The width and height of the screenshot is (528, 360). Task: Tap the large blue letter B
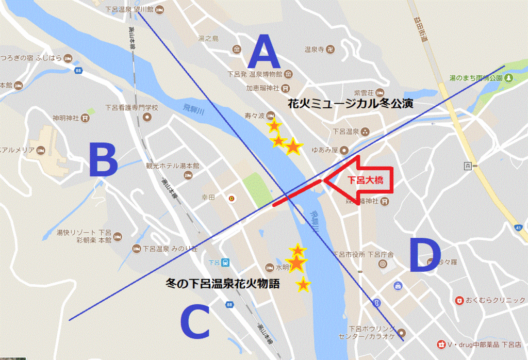[x=103, y=160]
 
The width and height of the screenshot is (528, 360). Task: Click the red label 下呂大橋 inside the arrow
[x=365, y=181]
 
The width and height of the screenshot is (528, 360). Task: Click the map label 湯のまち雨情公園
[x=475, y=78]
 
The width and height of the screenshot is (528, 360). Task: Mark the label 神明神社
[x=65, y=118]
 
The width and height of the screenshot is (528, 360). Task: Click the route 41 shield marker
[x=517, y=227]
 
